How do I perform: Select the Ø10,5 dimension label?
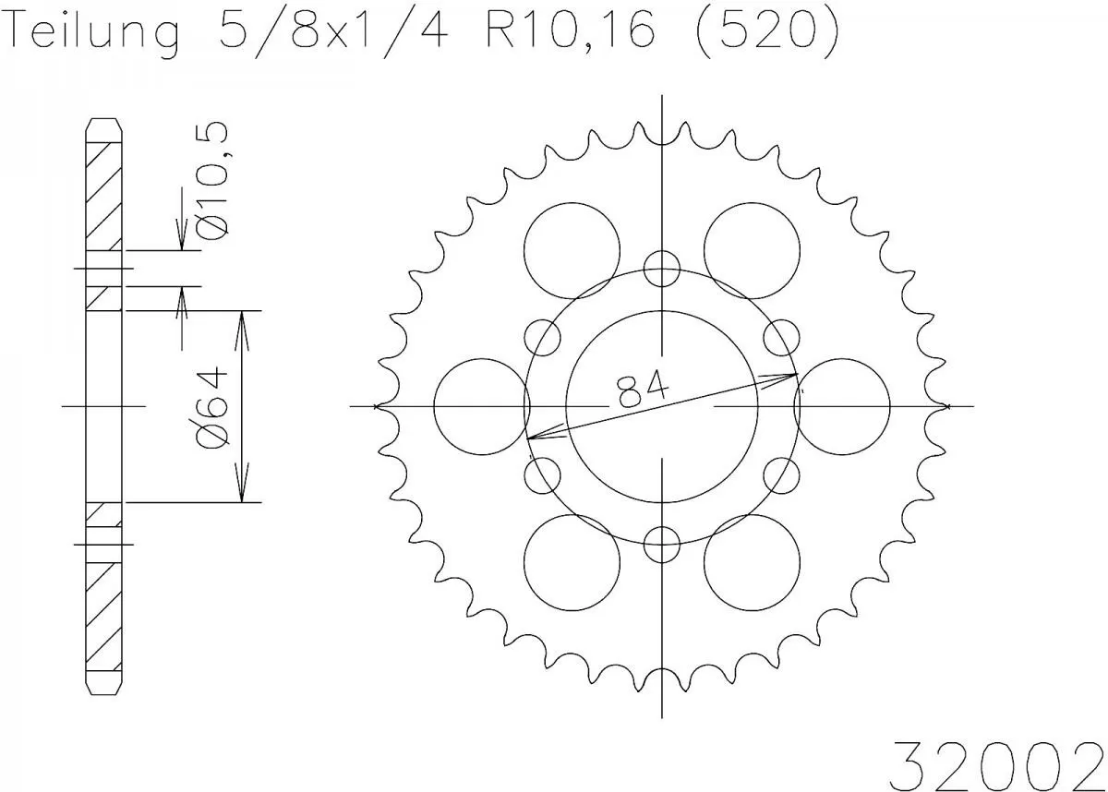[213, 184]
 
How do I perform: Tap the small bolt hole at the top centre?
[662, 269]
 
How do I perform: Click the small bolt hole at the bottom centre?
[662, 543]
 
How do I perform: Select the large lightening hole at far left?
[479, 406]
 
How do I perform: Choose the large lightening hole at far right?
[843, 406]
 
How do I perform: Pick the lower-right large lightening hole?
[752, 562]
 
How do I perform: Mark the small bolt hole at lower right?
[781, 475]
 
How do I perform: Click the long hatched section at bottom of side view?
[103, 609]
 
